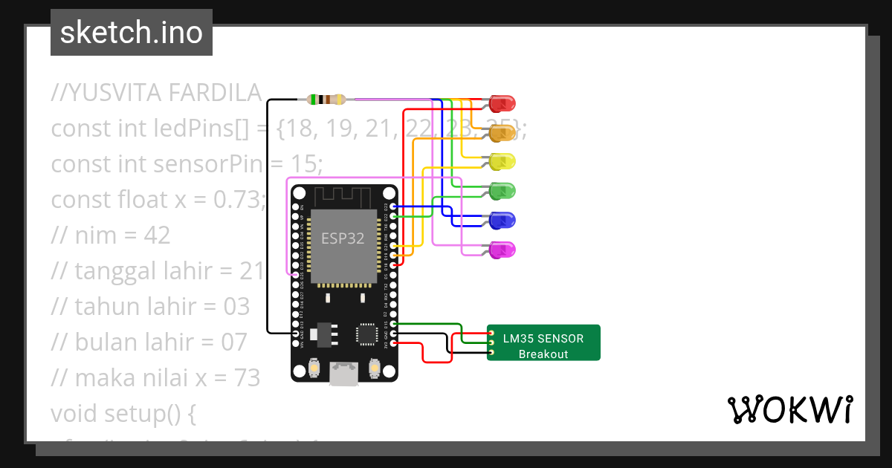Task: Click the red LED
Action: click(502, 103)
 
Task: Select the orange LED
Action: click(502, 133)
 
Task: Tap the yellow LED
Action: click(502, 161)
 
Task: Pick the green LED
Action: click(502, 191)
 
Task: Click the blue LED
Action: click(502, 221)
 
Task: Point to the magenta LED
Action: click(502, 250)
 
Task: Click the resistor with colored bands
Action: click(326, 99)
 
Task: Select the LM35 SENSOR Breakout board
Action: click(543, 342)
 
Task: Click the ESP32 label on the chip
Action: click(343, 239)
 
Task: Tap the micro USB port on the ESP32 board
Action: click(344, 374)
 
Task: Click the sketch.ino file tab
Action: click(132, 33)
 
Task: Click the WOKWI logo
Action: click(789, 410)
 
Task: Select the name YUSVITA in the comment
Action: click(114, 93)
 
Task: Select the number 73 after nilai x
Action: click(245, 377)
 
